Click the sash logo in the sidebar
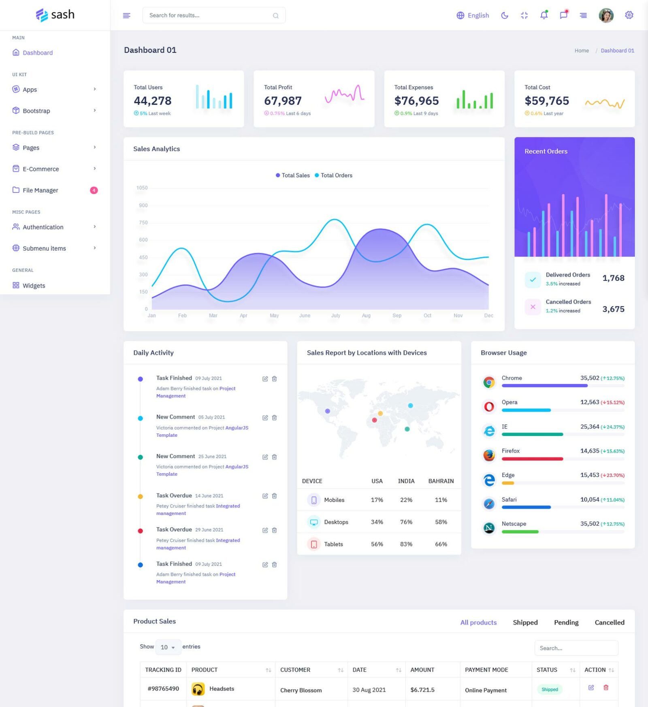pyautogui.click(x=55, y=15)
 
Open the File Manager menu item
pyautogui.click(x=40, y=190)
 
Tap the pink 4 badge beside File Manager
pyautogui.click(x=94, y=190)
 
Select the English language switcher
pyautogui.click(x=473, y=15)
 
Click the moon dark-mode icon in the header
pyautogui.click(x=505, y=15)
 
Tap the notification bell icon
pyautogui.click(x=544, y=15)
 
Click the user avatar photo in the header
pyautogui.click(x=606, y=15)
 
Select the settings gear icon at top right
pyautogui.click(x=629, y=15)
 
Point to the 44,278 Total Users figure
pyautogui.click(x=153, y=100)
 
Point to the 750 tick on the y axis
pyautogui.click(x=143, y=223)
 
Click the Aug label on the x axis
pyautogui.click(x=366, y=316)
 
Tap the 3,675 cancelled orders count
pyautogui.click(x=613, y=309)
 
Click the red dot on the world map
pyautogui.click(x=374, y=420)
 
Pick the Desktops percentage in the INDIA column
pyautogui.click(x=406, y=522)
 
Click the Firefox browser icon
pyautogui.click(x=489, y=455)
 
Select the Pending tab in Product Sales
pyautogui.click(x=566, y=622)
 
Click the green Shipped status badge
pyautogui.click(x=550, y=689)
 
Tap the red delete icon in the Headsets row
pyautogui.click(x=606, y=688)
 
